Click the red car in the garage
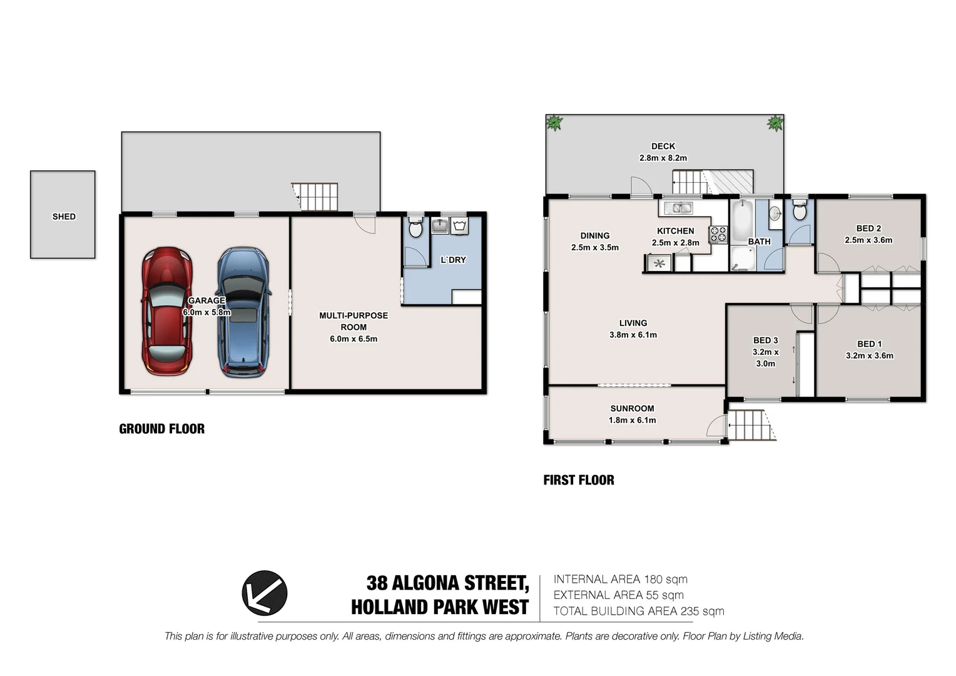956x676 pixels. [166, 311]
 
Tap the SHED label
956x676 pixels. [64, 217]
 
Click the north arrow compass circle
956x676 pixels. [265, 593]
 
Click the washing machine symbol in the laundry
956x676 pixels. [460, 225]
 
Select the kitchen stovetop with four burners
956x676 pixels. [718, 235]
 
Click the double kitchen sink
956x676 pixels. [678, 208]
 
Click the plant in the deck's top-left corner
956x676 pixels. [554, 123]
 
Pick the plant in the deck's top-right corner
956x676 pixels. [775, 123]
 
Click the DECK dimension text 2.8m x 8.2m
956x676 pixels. [663, 158]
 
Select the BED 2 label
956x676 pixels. [868, 228]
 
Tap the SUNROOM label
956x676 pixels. [632, 408]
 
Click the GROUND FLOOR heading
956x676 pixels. [161, 429]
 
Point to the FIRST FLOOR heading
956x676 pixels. [579, 480]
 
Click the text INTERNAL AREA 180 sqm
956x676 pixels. [620, 580]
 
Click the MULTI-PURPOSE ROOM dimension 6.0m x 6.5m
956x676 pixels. [353, 339]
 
